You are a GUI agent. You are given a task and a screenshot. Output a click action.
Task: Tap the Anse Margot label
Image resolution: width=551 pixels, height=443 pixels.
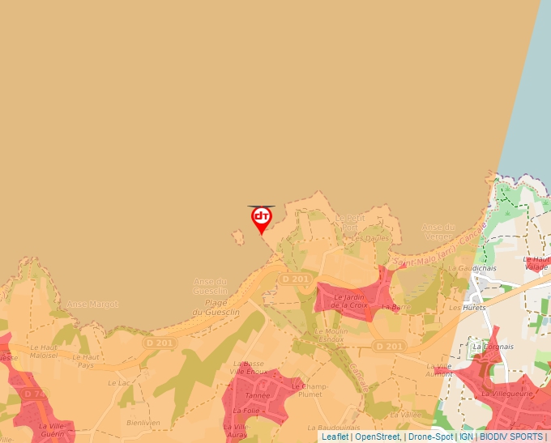(92, 305)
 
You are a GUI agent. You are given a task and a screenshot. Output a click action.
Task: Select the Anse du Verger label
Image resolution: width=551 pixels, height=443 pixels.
(438, 232)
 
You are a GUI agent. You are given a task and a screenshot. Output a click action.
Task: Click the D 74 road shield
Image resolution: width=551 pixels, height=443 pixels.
(35, 394)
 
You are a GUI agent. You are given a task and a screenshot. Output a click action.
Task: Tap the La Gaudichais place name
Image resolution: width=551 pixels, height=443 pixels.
(476, 267)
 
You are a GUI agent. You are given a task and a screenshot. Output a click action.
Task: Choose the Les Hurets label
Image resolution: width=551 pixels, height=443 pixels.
(467, 308)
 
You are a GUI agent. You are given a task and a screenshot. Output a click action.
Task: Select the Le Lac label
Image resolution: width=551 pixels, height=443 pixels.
(118, 382)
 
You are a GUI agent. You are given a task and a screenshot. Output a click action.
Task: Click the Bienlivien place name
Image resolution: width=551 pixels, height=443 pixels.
(143, 423)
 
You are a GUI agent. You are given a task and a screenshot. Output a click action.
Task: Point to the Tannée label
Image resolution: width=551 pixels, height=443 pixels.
(258, 396)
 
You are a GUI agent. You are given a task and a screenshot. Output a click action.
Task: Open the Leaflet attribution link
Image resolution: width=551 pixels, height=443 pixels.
(335, 437)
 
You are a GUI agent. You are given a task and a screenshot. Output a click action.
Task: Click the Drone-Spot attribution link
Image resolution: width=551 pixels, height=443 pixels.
(430, 437)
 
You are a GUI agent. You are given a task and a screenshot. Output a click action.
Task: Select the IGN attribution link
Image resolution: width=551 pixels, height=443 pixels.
(466, 437)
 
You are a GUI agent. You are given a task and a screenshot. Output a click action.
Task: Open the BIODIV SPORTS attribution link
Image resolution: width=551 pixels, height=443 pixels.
(511, 437)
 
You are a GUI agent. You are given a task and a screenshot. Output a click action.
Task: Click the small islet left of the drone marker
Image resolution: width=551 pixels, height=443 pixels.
(239, 237)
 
